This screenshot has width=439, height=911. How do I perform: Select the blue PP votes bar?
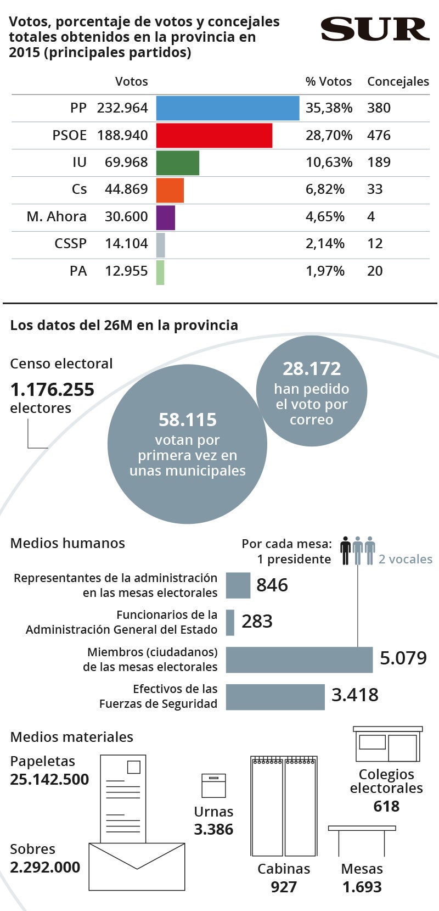pos(228,108)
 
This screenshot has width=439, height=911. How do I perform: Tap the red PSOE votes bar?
pos(214,135)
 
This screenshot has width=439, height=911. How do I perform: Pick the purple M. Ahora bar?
pos(166,217)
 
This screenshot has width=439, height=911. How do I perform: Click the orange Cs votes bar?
pos(170,190)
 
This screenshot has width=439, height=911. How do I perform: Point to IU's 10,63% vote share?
pos(329,163)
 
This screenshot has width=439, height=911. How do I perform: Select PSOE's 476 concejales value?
pos(379,135)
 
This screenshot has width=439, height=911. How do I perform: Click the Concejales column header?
pos(398,81)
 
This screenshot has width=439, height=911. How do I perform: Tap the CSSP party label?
pos(70,244)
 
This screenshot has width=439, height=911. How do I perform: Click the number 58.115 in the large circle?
pos(188,420)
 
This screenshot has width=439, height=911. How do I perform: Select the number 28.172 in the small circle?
pos(312,369)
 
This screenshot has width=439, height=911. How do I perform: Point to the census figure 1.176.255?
pos(52,390)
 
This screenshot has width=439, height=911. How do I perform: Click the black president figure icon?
pos(345,550)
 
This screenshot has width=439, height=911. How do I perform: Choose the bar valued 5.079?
pos(299,660)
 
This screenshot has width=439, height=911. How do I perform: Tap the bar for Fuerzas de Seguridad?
pos(275,697)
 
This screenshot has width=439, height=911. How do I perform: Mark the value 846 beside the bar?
pos(272,585)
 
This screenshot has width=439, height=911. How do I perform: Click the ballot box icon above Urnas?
pos(213,785)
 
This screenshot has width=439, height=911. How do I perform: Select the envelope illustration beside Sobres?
pos(137,867)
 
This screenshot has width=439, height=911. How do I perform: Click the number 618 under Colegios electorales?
pos(386,807)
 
